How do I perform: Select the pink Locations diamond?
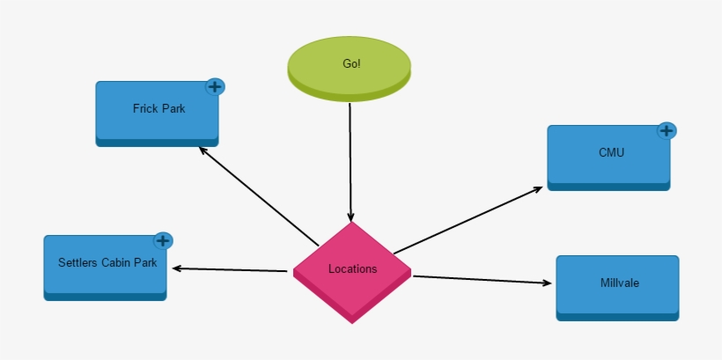coord(352,269)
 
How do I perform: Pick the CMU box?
coord(608,155)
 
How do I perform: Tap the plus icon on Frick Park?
coord(215,86)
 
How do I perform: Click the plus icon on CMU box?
coord(667,131)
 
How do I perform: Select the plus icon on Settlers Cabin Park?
coord(163,240)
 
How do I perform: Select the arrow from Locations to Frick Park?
coord(260,195)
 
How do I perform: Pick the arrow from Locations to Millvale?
coord(483,280)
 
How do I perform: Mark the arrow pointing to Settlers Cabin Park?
coord(231,269)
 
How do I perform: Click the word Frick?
coord(145,108)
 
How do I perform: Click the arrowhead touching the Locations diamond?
coord(351,217)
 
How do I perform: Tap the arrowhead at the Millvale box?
coord(547,283)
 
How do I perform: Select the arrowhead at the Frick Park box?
coord(203,150)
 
